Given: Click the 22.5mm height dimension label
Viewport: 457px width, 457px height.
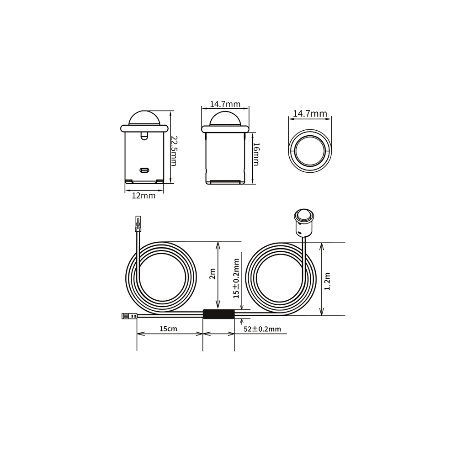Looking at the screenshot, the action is (174, 150).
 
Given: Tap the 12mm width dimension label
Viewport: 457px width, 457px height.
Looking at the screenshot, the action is (143, 196).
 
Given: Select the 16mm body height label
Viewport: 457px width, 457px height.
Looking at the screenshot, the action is (255, 154).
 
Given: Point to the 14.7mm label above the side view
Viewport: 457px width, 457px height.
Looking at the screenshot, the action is (225, 104).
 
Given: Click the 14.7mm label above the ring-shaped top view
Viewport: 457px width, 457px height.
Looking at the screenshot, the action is (310, 113).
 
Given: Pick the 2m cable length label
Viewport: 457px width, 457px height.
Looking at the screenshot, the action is (213, 274).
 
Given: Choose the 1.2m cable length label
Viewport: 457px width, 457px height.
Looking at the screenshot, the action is (327, 282).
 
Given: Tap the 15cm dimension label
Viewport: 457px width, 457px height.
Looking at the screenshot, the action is (168, 329).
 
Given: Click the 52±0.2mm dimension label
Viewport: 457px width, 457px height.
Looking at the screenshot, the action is (262, 329).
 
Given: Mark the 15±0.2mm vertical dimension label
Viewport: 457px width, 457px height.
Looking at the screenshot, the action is (236, 278).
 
